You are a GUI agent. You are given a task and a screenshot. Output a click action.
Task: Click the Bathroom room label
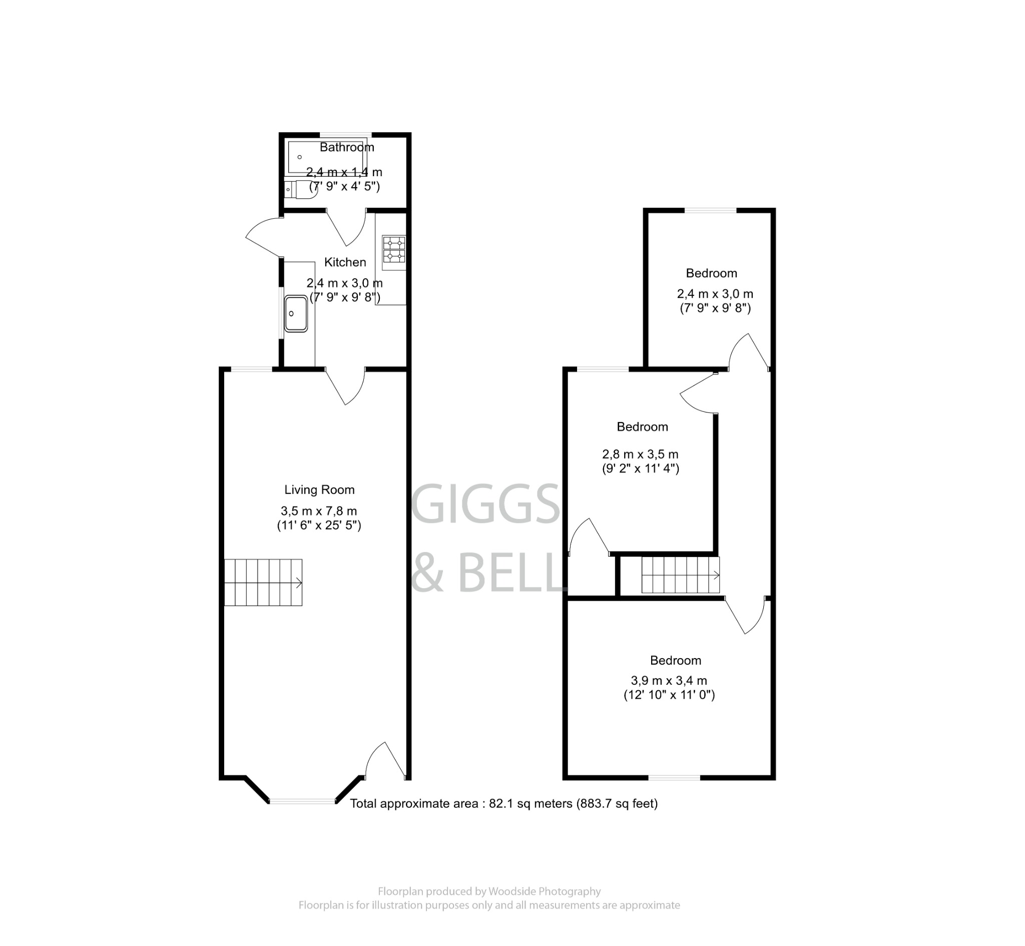[x=346, y=148]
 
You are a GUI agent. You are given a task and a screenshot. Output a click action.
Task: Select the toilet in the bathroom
[x=301, y=189]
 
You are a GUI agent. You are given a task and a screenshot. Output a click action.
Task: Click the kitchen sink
[x=296, y=313]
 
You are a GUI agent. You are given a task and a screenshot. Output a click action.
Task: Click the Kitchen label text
[x=345, y=262]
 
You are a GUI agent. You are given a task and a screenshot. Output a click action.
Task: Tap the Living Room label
[x=319, y=490]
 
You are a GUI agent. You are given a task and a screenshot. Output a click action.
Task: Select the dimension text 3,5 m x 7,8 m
[x=318, y=511]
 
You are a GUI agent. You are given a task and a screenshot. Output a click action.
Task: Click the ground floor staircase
[x=263, y=583]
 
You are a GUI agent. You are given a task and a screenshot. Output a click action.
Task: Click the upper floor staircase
[x=680, y=576]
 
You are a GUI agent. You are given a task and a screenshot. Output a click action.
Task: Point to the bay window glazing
[x=302, y=801]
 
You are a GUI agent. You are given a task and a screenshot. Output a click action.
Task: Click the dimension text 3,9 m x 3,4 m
[x=668, y=681]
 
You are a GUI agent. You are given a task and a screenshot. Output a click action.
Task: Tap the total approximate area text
[x=503, y=804]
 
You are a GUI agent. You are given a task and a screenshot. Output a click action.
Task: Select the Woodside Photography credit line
[x=489, y=891]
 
